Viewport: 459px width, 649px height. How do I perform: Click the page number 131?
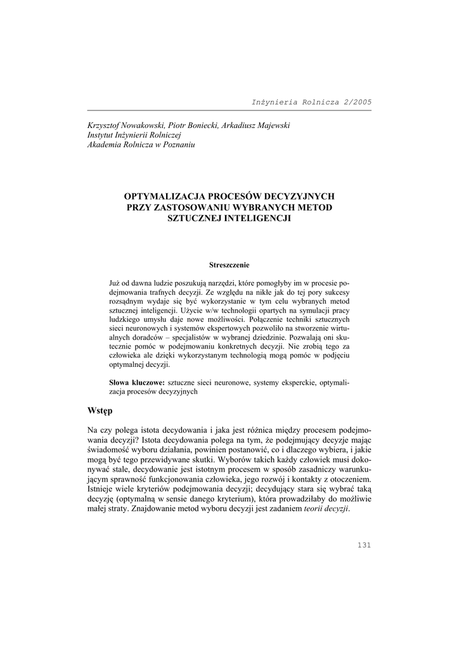coord(364,544)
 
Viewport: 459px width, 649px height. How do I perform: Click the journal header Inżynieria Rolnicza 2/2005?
coord(312,101)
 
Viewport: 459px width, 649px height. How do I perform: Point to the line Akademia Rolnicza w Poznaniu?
coord(141,145)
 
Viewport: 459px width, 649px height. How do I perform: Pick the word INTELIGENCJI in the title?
coord(259,217)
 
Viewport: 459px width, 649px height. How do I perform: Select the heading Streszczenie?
coord(229,264)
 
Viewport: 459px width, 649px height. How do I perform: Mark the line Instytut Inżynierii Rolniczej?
coord(134,135)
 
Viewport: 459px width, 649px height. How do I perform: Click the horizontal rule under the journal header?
coord(229,110)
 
